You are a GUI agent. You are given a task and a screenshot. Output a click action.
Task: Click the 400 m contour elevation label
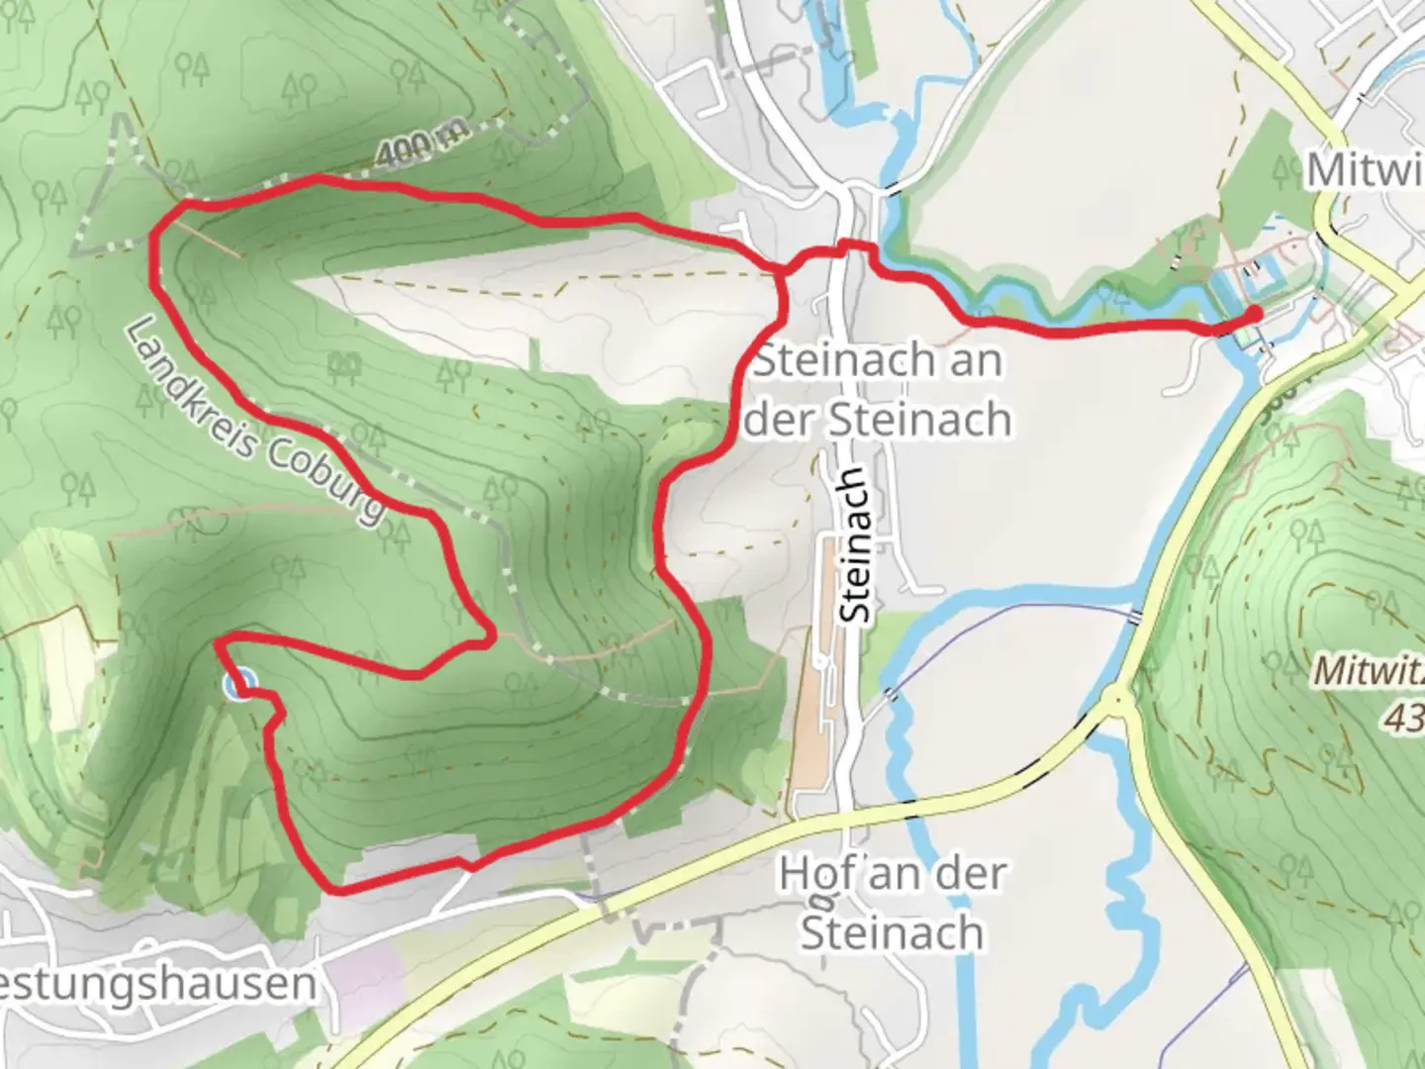click(x=419, y=148)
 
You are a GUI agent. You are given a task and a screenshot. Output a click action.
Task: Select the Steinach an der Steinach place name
click(x=879, y=389)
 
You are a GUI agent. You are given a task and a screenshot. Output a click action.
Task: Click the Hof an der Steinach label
click(x=892, y=903)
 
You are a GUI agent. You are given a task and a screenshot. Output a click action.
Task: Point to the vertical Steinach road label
click(x=855, y=545)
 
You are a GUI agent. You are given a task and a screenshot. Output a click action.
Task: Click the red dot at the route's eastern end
click(x=1253, y=314)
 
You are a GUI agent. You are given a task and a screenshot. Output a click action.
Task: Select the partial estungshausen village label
click(x=158, y=984)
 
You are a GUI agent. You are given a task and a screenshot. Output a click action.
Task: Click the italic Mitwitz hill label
click(x=1369, y=671)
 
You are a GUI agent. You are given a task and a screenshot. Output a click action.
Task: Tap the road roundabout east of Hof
click(x=1119, y=698)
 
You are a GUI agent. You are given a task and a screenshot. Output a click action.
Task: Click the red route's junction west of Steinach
click(x=783, y=270)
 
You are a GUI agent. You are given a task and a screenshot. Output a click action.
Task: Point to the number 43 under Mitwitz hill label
click(x=1402, y=718)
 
